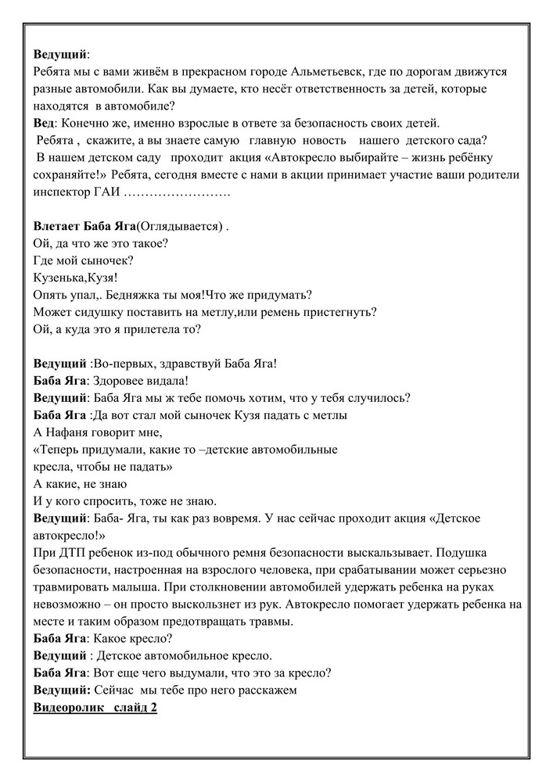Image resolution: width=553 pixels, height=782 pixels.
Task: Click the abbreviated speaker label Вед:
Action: point(45,124)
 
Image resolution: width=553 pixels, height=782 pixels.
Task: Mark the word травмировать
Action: point(74,587)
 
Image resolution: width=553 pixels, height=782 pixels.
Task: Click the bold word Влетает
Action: point(57,227)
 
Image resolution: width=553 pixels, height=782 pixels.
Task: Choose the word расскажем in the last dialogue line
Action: point(266,691)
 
